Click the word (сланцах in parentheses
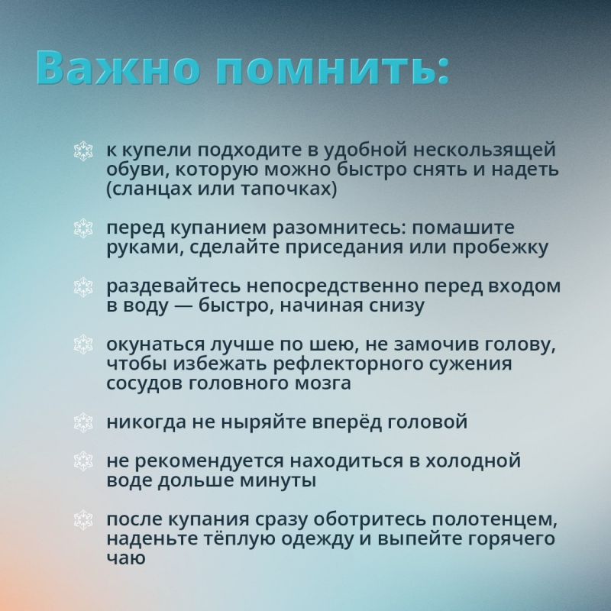click(144, 188)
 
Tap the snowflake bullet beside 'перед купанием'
click(82, 228)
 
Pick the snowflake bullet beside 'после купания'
click(82, 520)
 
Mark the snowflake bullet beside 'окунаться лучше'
click(82, 344)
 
